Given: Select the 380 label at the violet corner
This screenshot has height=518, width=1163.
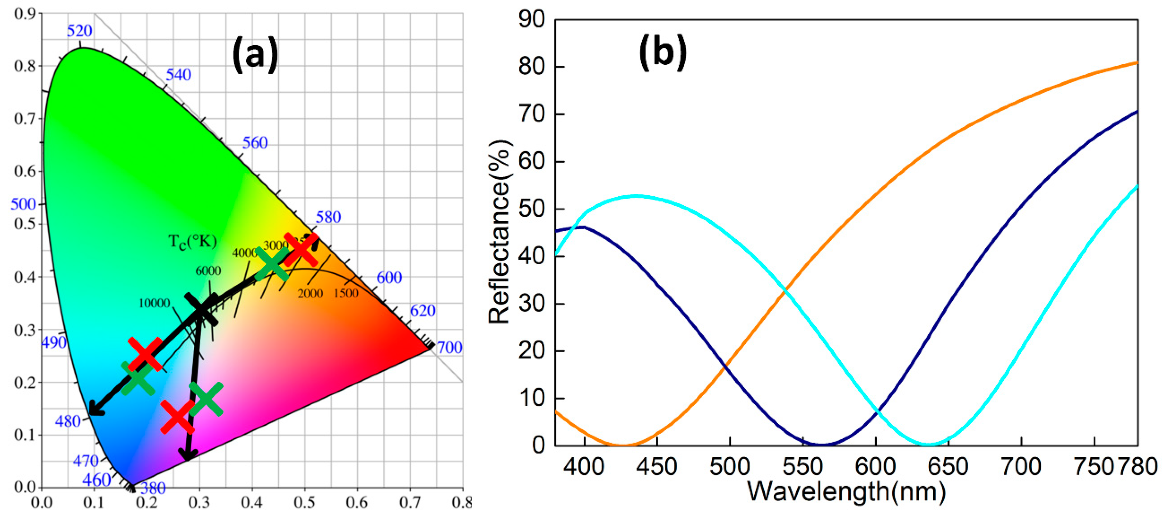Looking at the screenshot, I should [153, 488].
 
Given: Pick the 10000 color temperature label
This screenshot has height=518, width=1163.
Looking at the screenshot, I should [154, 303].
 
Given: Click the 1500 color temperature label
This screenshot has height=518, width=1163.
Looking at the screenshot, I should [346, 293].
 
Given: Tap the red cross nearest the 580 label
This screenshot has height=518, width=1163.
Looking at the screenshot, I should [300, 249].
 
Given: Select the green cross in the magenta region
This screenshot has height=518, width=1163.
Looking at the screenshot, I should [206, 399].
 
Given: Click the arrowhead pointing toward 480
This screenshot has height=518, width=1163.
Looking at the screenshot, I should [95, 409].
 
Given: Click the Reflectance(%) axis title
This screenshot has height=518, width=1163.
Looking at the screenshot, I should [499, 232].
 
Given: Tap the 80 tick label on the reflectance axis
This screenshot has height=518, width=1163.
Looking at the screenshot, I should [532, 66].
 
